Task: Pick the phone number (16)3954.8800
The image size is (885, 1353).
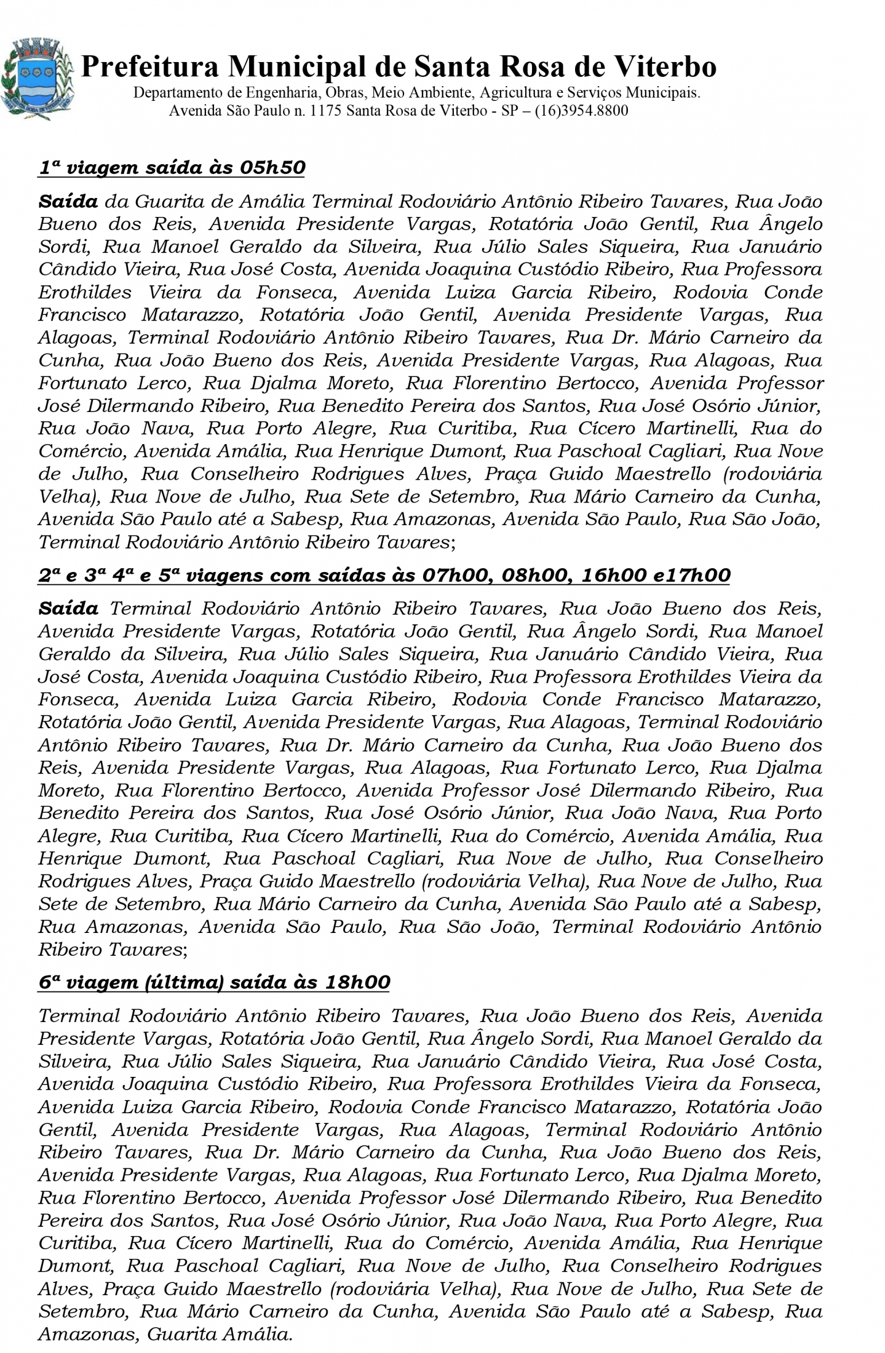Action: tap(581, 111)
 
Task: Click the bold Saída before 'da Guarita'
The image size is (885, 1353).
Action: tap(68, 202)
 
